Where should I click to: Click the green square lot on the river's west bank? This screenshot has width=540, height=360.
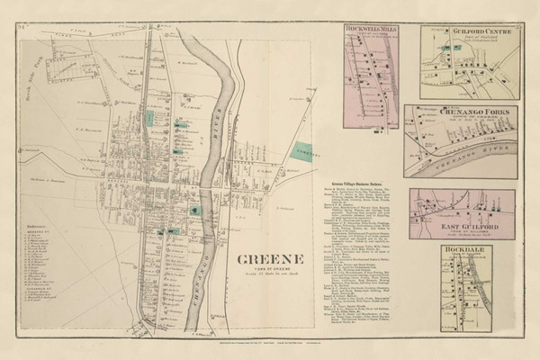(x=195, y=209)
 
